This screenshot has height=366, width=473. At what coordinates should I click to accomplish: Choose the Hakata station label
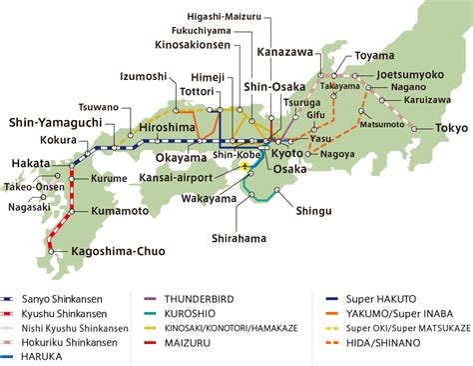click(32, 162)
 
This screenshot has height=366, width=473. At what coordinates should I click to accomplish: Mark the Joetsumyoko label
click(412, 74)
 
